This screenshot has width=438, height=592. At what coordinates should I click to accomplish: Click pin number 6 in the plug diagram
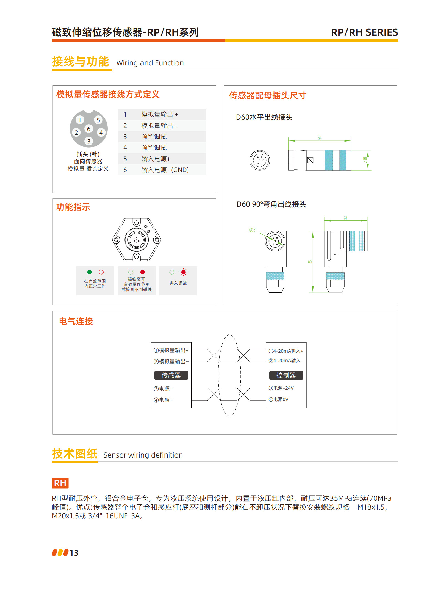pyautogui.click(x=88, y=129)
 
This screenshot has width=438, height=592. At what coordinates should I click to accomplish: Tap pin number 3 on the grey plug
pyautogui.click(x=88, y=141)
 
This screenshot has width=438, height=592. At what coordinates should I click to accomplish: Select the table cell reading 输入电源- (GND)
pyautogui.click(x=165, y=170)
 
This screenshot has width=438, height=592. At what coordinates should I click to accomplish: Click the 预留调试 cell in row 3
pyautogui.click(x=154, y=137)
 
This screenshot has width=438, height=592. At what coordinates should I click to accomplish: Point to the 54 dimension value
pyautogui.click(x=320, y=138)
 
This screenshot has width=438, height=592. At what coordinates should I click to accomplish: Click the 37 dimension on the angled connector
pyautogui.click(x=345, y=218)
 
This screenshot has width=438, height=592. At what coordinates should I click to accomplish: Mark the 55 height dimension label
pyautogui.click(x=310, y=262)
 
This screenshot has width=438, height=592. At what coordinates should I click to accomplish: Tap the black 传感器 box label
pyautogui.click(x=171, y=375)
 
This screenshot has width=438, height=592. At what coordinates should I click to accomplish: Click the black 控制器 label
pyautogui.click(x=286, y=375)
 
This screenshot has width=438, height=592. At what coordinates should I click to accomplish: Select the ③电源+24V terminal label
pyautogui.click(x=281, y=388)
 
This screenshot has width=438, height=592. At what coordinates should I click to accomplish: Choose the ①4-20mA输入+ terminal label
pyautogui.click(x=286, y=351)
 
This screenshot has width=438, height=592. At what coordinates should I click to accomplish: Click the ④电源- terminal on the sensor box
pyautogui.click(x=163, y=400)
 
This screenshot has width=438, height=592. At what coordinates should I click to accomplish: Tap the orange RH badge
pyautogui.click(x=60, y=483)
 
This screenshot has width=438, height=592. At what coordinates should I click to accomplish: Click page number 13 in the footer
pyautogui.click(x=74, y=553)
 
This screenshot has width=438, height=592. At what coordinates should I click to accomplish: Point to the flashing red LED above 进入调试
pyautogui.click(x=184, y=272)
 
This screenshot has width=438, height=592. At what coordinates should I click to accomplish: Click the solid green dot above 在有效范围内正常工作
pyautogui.click(x=89, y=272)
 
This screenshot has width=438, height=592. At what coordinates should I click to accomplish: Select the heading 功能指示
pyautogui.click(x=73, y=207)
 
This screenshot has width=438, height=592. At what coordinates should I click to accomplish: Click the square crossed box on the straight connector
pyautogui.click(x=310, y=160)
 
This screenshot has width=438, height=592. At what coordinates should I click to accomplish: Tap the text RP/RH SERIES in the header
pyautogui.click(x=364, y=32)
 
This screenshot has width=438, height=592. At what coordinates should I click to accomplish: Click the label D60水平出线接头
pyautogui.click(x=264, y=117)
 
